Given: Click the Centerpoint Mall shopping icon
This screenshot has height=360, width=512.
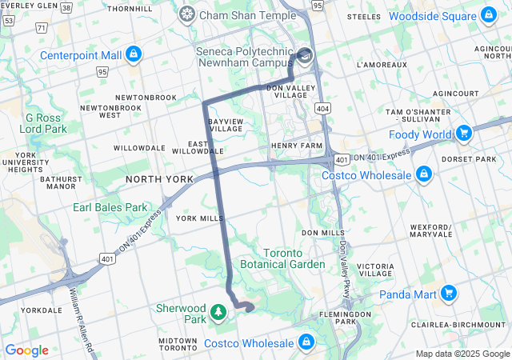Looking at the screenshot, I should (x=134, y=55).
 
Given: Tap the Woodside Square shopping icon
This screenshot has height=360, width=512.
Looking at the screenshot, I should (x=489, y=16).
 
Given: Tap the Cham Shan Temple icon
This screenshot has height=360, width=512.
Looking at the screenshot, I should (x=186, y=14).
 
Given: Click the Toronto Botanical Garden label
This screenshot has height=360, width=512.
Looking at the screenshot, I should (x=283, y=257).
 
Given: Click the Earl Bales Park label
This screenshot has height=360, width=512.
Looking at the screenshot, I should (x=110, y=207).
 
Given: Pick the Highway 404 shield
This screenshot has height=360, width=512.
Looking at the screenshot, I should (x=322, y=106).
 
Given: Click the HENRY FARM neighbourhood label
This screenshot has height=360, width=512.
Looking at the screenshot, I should (x=295, y=146).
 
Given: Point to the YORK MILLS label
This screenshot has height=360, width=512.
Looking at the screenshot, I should (x=199, y=218).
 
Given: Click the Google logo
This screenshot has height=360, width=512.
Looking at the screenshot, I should (x=26, y=350).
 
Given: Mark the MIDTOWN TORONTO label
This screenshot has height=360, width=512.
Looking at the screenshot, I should (x=177, y=345).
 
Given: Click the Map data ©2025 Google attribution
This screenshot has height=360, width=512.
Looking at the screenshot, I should (x=462, y=354).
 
